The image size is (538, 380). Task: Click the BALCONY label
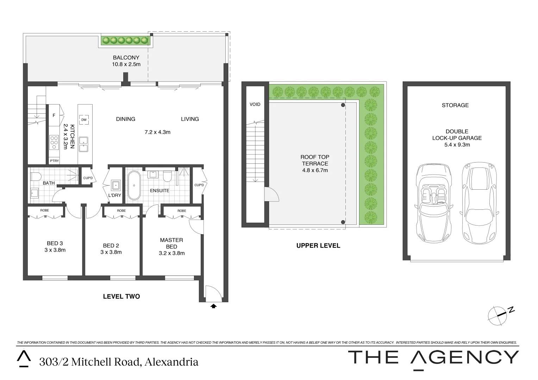(126, 58)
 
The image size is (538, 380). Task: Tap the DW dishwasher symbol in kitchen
(84, 120)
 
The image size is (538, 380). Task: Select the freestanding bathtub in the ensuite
(134, 185)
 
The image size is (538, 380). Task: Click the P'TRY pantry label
(54, 161)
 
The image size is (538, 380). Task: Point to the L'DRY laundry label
(115, 195)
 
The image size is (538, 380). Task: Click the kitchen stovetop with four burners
(54, 142)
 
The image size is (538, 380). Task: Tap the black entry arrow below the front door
(213, 306)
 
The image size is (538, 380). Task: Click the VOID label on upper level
(255, 104)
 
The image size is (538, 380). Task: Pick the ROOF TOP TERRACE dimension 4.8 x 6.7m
(315, 170)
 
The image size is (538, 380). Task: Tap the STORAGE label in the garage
(455, 105)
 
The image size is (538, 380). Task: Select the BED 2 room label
(111, 246)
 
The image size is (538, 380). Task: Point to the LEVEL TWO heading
(121, 297)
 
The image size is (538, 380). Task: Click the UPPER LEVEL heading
(318, 246)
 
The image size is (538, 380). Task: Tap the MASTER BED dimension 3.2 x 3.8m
(171, 253)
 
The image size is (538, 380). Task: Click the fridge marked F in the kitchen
(54, 115)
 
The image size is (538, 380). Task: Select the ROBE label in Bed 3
(45, 210)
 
